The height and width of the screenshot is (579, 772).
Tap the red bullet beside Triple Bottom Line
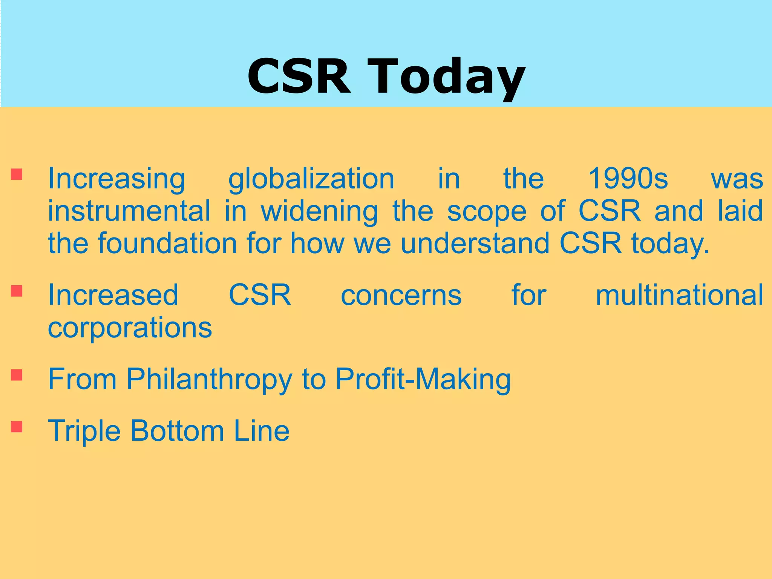[x=17, y=426]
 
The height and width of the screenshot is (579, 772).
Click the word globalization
[x=311, y=179]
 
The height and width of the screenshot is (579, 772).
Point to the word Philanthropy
[x=209, y=379]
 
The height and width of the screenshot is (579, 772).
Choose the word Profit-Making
[x=423, y=379]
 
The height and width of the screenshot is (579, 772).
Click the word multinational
[x=679, y=295]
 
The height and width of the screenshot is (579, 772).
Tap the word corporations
[x=130, y=328]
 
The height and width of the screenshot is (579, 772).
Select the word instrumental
[x=129, y=211]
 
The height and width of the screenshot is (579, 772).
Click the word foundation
[x=168, y=244]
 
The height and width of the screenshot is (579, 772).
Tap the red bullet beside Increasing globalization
[x=17, y=175]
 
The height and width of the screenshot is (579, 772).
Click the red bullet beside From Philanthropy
[x=17, y=375]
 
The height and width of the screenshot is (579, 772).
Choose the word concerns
[x=401, y=295]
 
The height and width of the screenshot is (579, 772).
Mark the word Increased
[x=113, y=295]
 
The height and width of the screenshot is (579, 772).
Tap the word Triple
[x=84, y=430]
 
